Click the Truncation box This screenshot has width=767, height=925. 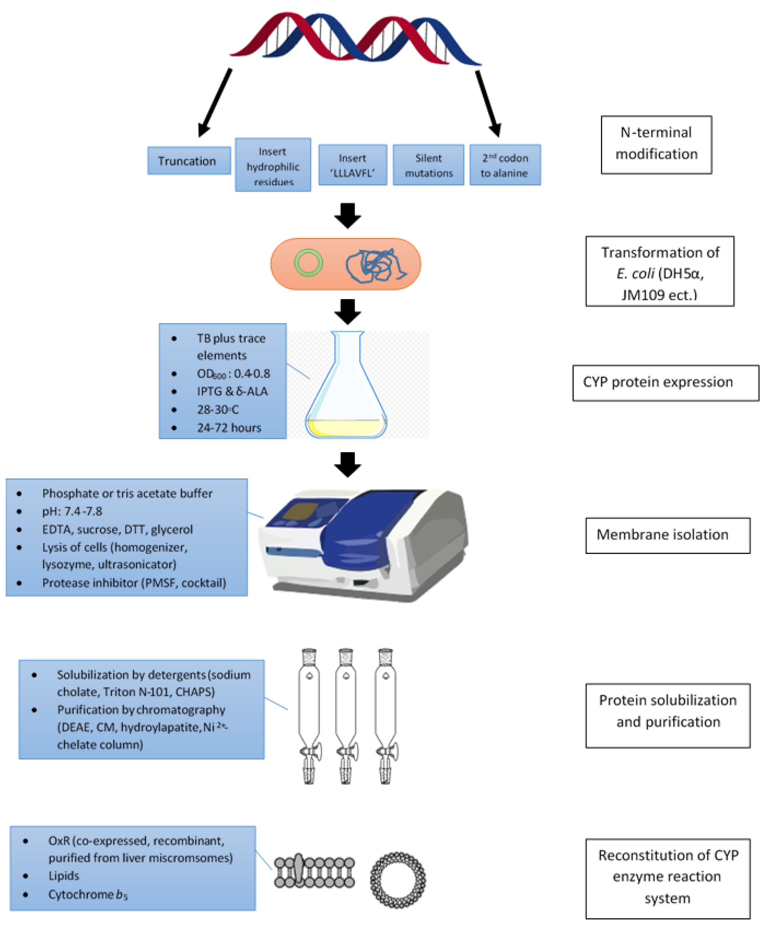coord(189,161)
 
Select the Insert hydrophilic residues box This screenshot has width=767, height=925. coord(273,165)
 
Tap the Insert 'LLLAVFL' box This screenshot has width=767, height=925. coord(352,165)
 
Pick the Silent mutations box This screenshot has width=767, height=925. coord(428,165)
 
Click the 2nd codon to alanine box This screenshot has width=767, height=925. coord(505,165)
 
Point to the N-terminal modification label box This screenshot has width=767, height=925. coord(656,145)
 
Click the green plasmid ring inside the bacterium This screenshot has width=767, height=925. coord(308,263)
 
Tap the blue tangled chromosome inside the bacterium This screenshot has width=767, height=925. coord(374,266)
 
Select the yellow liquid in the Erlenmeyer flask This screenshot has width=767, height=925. coord(346,427)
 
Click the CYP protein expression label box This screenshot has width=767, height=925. coord(665,382)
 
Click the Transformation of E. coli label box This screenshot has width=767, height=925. coord(660,271)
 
